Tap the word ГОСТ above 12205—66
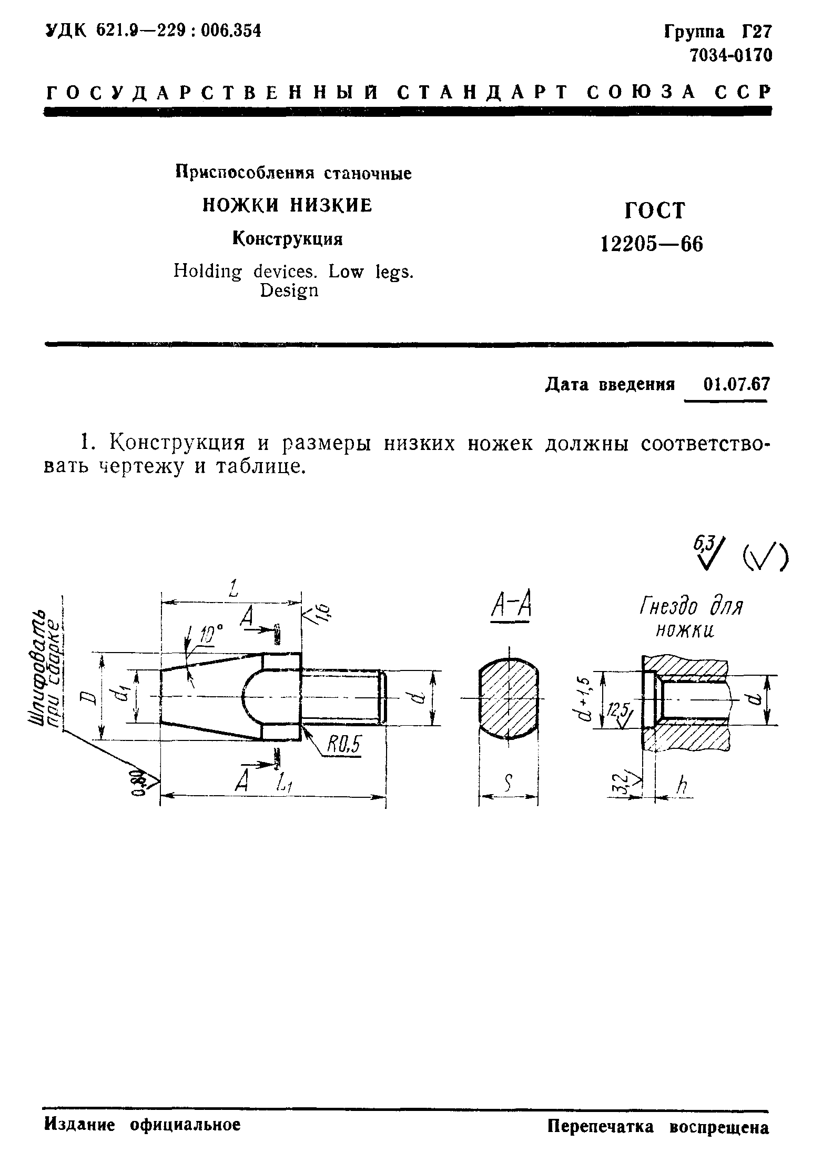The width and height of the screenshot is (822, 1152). [x=655, y=211]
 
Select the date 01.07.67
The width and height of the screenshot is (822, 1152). [x=735, y=385]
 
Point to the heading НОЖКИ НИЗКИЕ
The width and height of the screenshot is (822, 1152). [x=288, y=205]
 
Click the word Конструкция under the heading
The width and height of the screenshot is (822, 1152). [x=288, y=239]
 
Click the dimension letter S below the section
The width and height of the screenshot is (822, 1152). [x=508, y=786]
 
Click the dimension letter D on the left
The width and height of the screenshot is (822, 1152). [x=90, y=697]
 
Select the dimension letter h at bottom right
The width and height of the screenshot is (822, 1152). [x=682, y=786]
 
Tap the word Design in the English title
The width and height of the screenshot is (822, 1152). [x=289, y=290]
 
